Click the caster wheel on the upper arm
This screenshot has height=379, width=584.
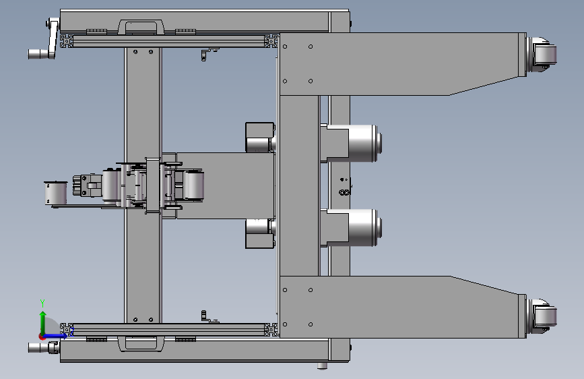pos(543,54)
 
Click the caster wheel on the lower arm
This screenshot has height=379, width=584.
pos(543,316)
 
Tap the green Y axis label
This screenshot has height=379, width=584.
pos(42,303)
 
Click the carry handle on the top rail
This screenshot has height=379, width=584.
pos(141,26)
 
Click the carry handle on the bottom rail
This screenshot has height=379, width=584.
pos(141,343)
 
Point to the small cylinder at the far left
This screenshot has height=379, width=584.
pos(55,194)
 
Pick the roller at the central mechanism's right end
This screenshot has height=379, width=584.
pos(194,185)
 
